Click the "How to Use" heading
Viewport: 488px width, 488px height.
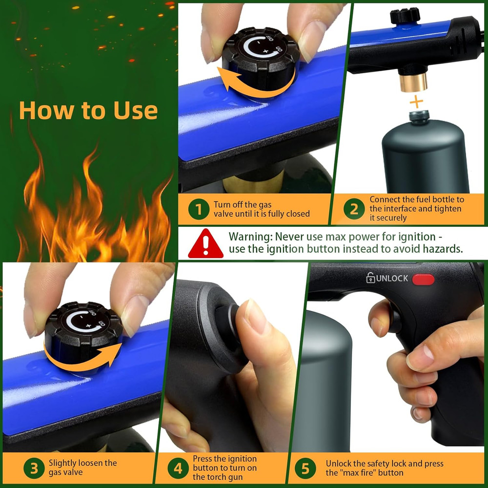pos(88,110)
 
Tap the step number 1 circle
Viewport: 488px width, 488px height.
pos(199,210)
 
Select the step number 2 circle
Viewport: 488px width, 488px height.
pos(354,209)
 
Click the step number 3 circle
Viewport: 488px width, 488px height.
pos(34,469)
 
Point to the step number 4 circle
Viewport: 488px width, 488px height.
pos(178,469)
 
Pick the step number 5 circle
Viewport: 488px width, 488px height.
pos(305,469)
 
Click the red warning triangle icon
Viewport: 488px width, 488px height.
pos(206,244)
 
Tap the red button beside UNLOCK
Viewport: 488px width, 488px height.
pos(423,279)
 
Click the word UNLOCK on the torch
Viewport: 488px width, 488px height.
pos(392,278)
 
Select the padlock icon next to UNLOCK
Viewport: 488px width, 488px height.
pos(371,278)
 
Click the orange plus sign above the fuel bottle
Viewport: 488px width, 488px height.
pos(416,102)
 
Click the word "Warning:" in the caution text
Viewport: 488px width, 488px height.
pos(250,237)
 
